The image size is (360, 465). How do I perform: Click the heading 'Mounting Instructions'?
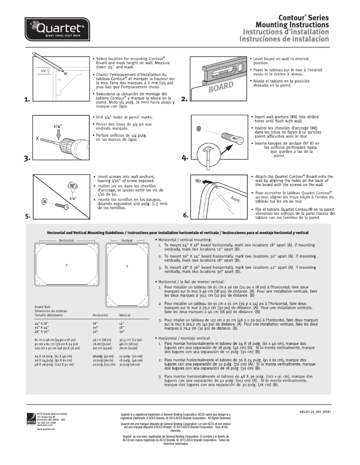tap(292, 24)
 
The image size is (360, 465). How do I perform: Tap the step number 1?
tap(27, 100)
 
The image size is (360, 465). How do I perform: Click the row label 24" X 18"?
tap(42, 323)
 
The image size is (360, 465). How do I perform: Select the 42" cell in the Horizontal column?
tap(95, 332)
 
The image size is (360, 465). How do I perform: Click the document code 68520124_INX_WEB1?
tap(314, 411)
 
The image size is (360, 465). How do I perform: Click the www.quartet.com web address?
tap(46, 429)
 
